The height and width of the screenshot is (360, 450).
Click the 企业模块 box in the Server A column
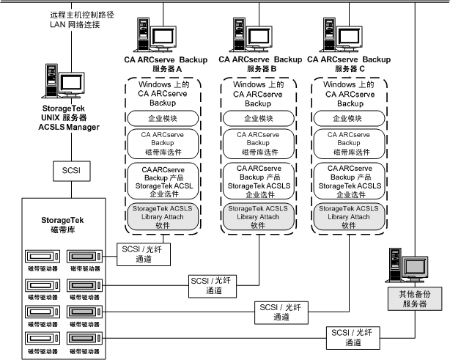165,117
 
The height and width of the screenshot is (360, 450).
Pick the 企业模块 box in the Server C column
350,117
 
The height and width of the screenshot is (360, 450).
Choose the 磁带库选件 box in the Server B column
258,144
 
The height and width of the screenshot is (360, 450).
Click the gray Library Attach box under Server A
165,216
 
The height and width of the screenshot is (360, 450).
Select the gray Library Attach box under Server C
350,216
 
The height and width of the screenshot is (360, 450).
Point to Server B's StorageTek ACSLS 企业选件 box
258,180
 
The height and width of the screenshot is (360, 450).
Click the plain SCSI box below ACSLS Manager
71,170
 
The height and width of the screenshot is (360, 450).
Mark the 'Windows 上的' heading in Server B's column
258,86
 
